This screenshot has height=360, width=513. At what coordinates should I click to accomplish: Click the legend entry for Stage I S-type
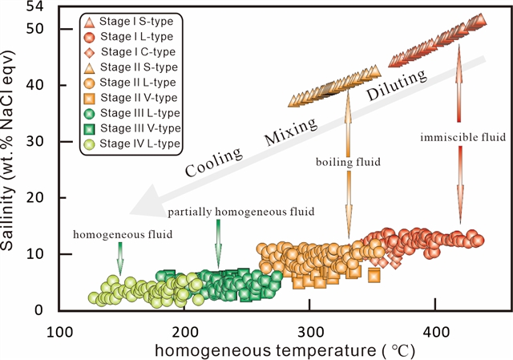pos(128,22)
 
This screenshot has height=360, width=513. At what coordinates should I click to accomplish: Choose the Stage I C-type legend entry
pos(130,52)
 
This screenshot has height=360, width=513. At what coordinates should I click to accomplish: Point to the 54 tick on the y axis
pos(35,6)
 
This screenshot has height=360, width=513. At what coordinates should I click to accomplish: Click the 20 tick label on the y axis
pos(35,198)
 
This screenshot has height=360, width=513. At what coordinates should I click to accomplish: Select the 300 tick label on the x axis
pos(309,332)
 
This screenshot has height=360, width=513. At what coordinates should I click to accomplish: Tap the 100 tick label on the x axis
pos(59,332)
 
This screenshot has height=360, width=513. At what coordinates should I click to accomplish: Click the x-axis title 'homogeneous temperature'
pos(265,351)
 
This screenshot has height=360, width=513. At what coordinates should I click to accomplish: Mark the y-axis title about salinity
pos(7,150)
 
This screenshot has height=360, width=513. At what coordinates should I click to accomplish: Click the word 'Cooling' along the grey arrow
pos(213,162)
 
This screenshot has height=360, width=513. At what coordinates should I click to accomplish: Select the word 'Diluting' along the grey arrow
pos(397,86)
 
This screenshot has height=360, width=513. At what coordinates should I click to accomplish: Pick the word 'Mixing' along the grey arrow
pos(291,131)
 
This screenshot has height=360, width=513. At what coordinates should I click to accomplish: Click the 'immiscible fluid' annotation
pos(463,137)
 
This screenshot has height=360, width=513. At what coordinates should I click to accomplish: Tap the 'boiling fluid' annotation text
pos(349,162)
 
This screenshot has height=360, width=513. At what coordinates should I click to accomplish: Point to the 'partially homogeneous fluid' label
pos(241,212)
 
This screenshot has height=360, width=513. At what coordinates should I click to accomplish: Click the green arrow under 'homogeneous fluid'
pos(120,258)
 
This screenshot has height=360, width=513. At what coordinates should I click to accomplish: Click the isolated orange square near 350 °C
pos(374,275)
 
